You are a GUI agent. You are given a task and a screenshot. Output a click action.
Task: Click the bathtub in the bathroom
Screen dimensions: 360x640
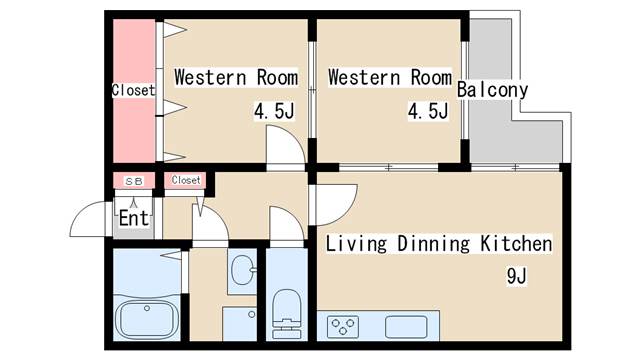(147, 319)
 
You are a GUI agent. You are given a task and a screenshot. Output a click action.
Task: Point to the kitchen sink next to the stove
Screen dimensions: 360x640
(405, 325)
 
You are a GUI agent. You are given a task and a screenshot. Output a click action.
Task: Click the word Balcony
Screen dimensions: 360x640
(492, 90)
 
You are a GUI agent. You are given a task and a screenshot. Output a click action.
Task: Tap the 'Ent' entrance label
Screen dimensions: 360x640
(134, 217)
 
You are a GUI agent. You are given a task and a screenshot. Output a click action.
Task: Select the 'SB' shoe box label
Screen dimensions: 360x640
(134, 181)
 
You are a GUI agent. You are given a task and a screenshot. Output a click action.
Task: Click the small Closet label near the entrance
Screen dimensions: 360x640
(186, 180)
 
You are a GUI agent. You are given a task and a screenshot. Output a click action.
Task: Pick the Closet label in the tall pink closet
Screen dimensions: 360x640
(133, 90)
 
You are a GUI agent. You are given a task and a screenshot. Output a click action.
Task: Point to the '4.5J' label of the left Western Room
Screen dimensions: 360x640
(273, 110)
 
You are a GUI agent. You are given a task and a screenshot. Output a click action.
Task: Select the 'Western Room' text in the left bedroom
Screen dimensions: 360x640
(236, 77)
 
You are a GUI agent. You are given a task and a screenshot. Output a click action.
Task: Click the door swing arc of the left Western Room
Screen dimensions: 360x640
(284, 150)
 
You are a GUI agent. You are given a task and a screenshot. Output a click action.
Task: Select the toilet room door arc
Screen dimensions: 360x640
(286, 226)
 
